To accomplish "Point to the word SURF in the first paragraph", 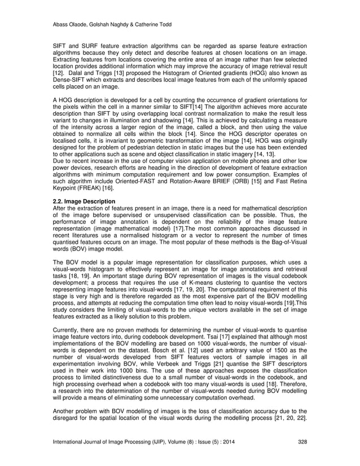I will (91, 45).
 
